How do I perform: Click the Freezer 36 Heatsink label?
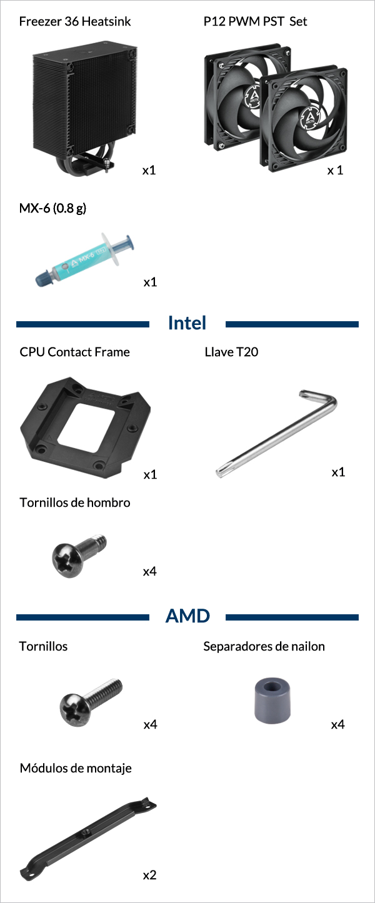[75, 21]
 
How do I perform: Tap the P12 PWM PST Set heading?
[255, 21]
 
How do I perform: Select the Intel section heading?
[187, 323]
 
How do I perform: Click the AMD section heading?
[187, 616]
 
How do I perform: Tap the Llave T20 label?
[231, 352]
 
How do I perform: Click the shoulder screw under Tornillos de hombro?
[79, 554]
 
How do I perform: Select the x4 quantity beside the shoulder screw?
[149, 571]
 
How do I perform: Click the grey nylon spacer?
[272, 701]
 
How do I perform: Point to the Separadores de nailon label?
[264, 646]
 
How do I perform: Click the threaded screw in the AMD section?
[91, 701]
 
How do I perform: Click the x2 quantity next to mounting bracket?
[149, 875]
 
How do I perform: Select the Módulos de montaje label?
[76, 768]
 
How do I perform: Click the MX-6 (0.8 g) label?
[53, 208]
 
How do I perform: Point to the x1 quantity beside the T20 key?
[338, 472]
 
